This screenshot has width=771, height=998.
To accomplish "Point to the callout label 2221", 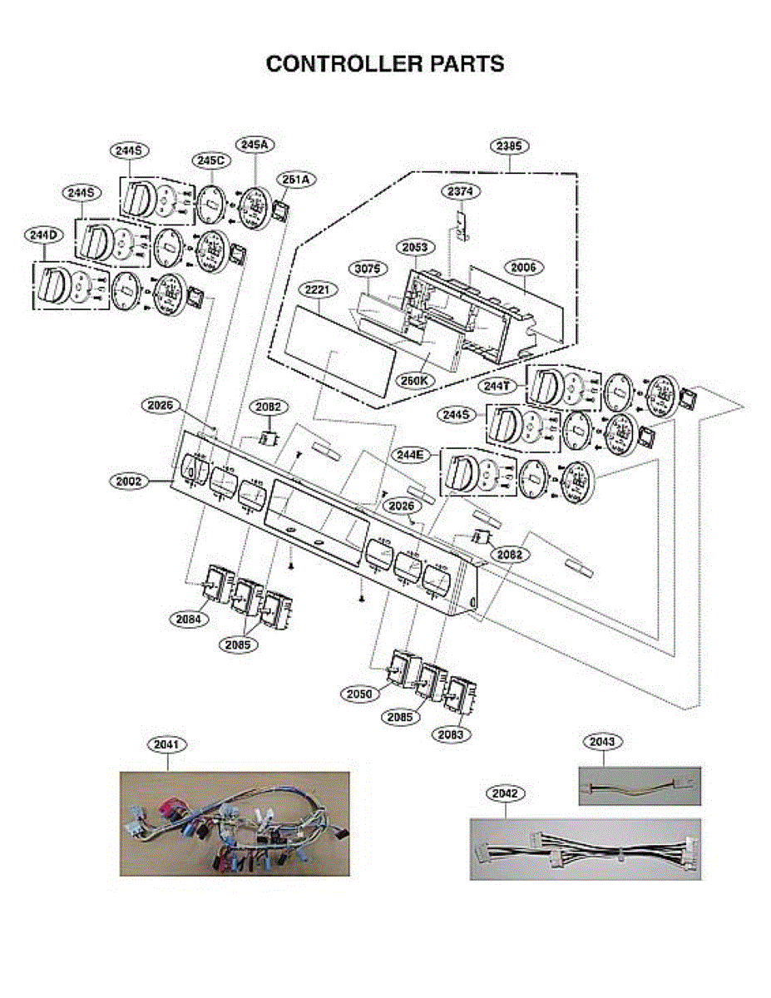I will (319, 289).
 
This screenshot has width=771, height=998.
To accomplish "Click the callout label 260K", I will (414, 380).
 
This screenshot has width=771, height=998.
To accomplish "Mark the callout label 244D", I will (42, 235).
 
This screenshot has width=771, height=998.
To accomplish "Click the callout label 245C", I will (211, 160).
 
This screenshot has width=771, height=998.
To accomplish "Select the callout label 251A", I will (294, 179).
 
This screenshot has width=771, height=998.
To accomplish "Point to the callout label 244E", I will (413, 455).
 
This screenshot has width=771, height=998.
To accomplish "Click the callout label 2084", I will (192, 619).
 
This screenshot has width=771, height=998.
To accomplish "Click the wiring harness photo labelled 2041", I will (235, 823).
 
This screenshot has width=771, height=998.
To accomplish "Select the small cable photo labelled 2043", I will (639, 786).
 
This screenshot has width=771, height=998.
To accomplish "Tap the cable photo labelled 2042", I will (585, 849).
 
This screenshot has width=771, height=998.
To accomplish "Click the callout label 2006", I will (524, 267).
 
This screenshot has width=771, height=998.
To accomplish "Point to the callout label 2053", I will (416, 247).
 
